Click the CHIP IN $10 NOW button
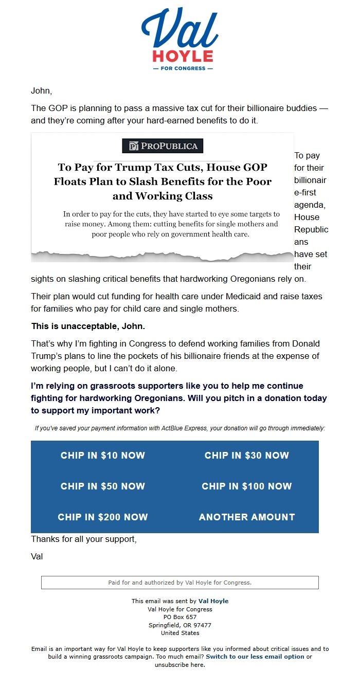[x=103, y=456]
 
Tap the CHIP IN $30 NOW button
[x=247, y=456]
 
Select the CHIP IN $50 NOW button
[x=103, y=486]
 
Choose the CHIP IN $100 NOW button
[x=247, y=486]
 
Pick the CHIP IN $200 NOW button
[x=103, y=517]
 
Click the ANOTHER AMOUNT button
[x=247, y=517]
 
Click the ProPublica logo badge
[x=163, y=146]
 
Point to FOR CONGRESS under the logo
[x=180, y=68]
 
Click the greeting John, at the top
[x=42, y=91]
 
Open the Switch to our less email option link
[x=255, y=657]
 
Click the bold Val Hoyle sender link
[x=213, y=601]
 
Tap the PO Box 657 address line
[x=180, y=617]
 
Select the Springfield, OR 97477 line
[x=180, y=625]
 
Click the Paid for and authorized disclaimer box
[x=180, y=583]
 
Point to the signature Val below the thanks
[x=37, y=557]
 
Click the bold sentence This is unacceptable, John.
[x=88, y=326]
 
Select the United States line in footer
[x=180, y=633]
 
